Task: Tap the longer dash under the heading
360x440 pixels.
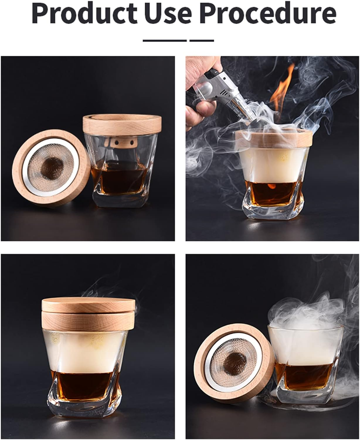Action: (165, 40)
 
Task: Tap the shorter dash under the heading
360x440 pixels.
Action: (202, 40)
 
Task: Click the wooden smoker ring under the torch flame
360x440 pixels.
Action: (274, 139)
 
